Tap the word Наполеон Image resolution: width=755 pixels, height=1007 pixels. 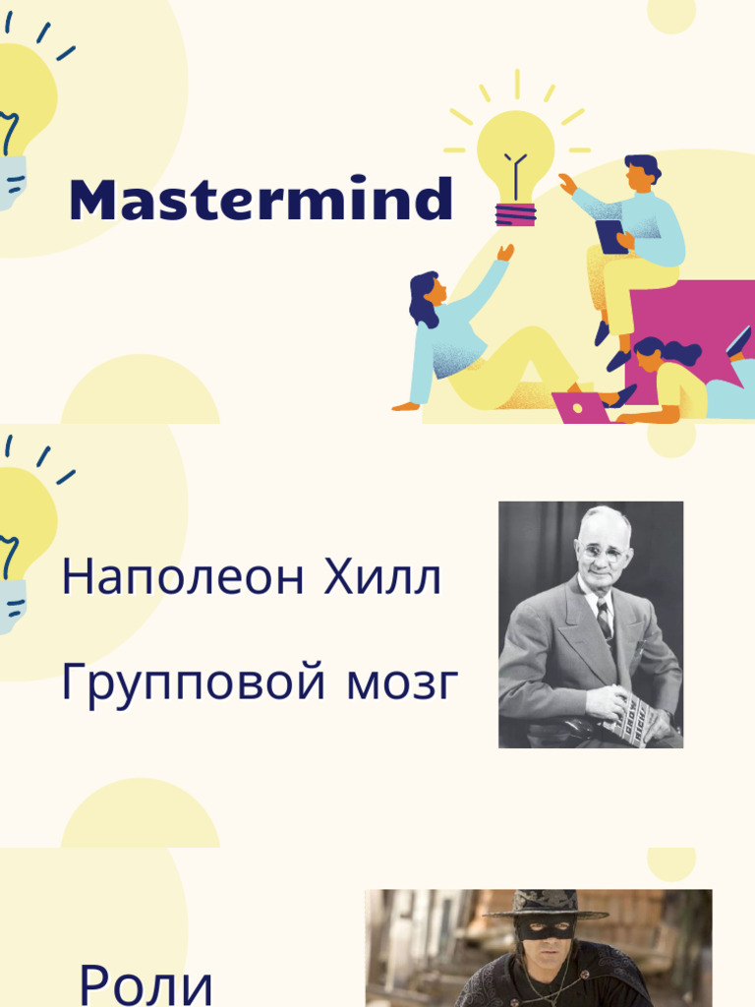coord(183,576)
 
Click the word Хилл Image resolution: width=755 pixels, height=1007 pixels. coord(382,576)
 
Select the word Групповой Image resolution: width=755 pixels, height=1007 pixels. coord(194,682)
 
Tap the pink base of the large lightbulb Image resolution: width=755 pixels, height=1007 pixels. coord(515,213)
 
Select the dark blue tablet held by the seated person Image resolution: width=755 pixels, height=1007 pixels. coord(610,236)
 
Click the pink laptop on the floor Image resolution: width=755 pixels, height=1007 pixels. coord(581,408)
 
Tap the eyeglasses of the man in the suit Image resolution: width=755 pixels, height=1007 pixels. coord(601,553)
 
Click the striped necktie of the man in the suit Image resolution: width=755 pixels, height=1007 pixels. coord(605,619)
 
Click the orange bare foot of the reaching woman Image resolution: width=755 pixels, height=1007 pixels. coord(406,406)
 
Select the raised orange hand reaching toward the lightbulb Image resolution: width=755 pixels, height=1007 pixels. coord(505,253)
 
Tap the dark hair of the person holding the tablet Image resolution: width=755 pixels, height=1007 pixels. coord(643,166)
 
